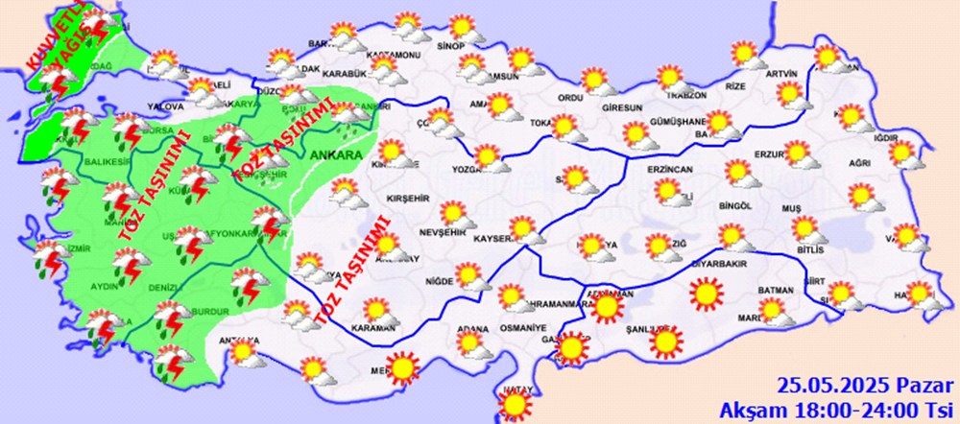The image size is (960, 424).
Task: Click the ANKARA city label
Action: (x=334, y=154)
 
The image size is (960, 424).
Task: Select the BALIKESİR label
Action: (x=108, y=162)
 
